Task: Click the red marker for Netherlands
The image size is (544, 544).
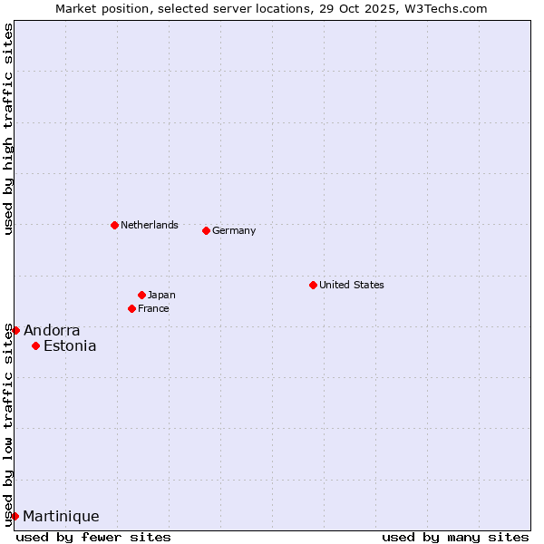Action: (x=114, y=225)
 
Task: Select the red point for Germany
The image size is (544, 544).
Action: (x=206, y=230)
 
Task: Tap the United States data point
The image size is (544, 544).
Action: (x=313, y=285)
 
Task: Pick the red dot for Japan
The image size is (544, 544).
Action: (x=141, y=295)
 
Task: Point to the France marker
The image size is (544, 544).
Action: (x=131, y=308)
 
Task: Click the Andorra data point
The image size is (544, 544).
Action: (x=15, y=330)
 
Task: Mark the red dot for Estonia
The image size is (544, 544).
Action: (x=35, y=345)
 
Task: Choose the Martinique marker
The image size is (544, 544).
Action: (x=15, y=516)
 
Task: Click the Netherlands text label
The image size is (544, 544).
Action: (x=150, y=225)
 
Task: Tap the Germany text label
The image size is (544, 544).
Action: (x=234, y=230)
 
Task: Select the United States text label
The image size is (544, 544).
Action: (x=352, y=285)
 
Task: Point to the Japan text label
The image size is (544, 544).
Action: (x=161, y=295)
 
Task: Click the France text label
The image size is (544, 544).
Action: (x=153, y=308)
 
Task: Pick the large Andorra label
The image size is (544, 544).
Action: (x=52, y=330)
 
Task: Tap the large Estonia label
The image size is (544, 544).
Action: (x=70, y=345)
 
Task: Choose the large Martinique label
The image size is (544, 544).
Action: (x=61, y=516)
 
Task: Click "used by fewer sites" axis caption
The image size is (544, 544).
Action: (x=93, y=537)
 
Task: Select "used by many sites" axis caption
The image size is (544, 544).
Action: (x=455, y=537)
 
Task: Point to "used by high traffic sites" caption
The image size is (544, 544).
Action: (x=8, y=130)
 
